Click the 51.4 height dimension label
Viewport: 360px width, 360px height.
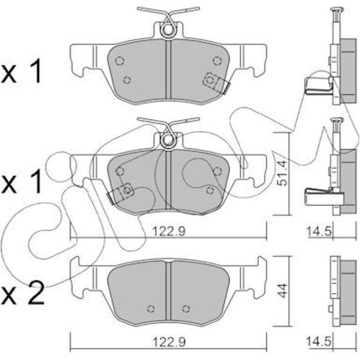[282, 173]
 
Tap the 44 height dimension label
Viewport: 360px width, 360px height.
[282, 291]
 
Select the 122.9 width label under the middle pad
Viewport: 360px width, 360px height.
[169, 232]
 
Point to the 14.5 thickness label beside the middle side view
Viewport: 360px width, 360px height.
[319, 232]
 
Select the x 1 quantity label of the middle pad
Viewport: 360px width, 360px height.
[21, 182]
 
